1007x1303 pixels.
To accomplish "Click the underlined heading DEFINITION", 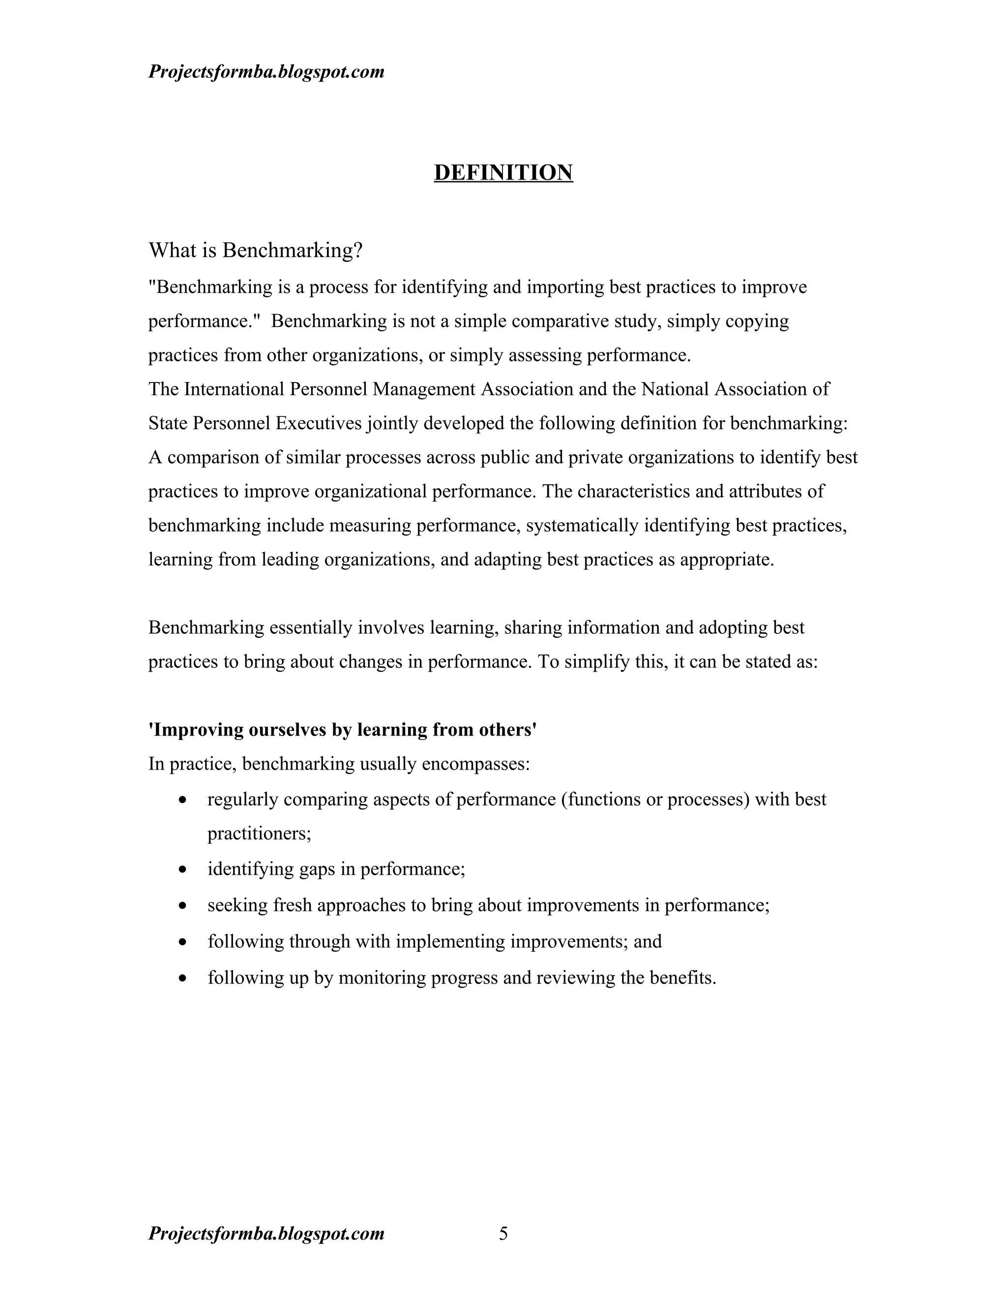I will click(503, 173).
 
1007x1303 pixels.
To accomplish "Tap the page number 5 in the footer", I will click(503, 1233).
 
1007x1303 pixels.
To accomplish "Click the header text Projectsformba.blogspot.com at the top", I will click(266, 72).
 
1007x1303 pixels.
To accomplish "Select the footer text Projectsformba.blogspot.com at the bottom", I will click(266, 1233).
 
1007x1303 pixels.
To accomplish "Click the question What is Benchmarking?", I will click(255, 251).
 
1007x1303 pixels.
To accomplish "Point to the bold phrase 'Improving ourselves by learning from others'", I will click(342, 730).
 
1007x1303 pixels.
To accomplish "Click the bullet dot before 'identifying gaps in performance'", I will click(183, 870).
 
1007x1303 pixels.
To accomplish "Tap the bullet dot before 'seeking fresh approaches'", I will click(183, 906).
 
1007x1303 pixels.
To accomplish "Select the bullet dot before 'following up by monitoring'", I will click(183, 978).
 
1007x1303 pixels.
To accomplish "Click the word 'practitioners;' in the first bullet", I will click(259, 833).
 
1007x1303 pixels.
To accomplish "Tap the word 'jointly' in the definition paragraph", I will click(391, 423).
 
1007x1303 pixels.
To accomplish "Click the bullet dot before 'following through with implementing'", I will click(183, 942).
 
